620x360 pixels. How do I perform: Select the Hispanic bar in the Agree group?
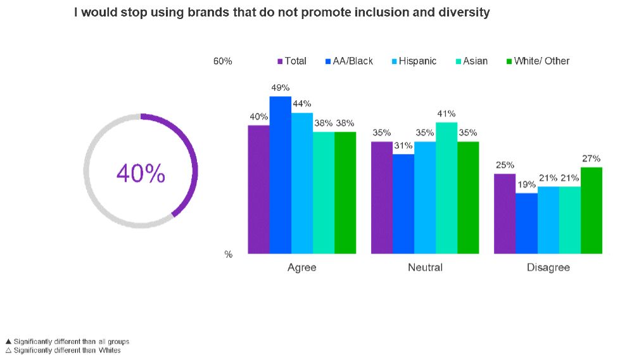[x=302, y=183]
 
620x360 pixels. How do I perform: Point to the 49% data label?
[x=280, y=88]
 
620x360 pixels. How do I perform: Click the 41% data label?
[x=446, y=114]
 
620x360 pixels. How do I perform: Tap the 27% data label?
[x=591, y=158]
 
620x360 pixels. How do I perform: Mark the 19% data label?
[x=526, y=184]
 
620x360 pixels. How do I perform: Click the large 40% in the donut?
[x=141, y=173]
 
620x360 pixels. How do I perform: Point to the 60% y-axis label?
[x=222, y=61]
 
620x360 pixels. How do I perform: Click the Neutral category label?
[x=425, y=267]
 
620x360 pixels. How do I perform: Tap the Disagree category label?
[x=548, y=267]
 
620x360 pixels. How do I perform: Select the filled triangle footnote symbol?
[x=8, y=341]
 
